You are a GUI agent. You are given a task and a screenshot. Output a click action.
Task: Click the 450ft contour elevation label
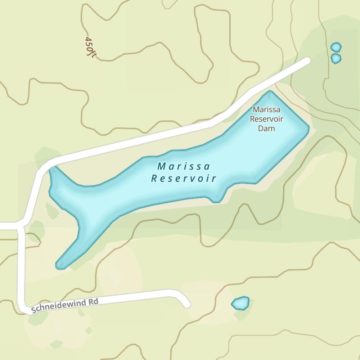click(x=90, y=47)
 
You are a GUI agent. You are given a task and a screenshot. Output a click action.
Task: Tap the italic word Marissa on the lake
click(x=184, y=167)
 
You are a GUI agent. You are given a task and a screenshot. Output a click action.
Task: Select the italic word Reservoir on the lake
click(x=184, y=178)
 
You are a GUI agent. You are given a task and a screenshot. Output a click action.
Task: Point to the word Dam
click(x=266, y=129)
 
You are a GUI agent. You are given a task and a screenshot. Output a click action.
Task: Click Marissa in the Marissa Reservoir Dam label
click(x=266, y=109)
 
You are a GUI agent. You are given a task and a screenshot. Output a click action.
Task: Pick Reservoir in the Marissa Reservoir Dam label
click(x=266, y=119)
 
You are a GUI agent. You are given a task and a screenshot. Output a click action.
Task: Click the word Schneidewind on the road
click(x=59, y=306)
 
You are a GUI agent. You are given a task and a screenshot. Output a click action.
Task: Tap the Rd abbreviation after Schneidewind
click(x=94, y=302)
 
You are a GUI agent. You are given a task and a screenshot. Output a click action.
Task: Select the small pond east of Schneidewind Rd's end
click(x=240, y=303)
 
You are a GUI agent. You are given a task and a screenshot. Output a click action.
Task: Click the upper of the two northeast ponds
click(x=336, y=47)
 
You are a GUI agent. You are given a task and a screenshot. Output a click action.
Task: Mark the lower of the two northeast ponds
click(x=336, y=58)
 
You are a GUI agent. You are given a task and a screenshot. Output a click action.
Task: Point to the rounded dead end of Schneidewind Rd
click(x=186, y=304)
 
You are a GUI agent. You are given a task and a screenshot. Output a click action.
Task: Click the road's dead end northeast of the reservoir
click(x=307, y=61)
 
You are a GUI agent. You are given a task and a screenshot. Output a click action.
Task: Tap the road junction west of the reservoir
click(x=20, y=226)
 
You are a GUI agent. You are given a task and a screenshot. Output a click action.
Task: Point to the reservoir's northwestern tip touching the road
click(x=53, y=168)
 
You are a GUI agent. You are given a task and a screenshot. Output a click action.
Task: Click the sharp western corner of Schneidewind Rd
click(x=22, y=309)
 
